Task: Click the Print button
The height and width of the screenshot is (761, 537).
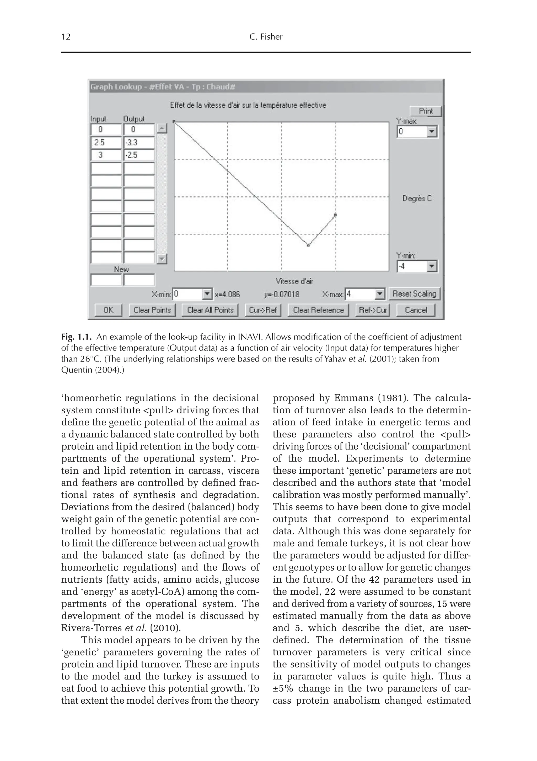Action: (x=426, y=111)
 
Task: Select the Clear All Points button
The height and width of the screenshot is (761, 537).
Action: (x=210, y=310)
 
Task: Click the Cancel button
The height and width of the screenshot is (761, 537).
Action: (x=416, y=310)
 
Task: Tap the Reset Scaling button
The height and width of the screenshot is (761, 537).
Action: (x=414, y=294)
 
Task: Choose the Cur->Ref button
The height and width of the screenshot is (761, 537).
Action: (x=263, y=310)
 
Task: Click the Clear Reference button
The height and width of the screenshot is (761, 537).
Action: (x=318, y=310)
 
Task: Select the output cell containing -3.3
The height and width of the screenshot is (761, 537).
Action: (x=139, y=143)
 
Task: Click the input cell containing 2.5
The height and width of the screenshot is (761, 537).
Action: (x=106, y=143)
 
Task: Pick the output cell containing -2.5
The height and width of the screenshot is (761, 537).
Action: (x=139, y=155)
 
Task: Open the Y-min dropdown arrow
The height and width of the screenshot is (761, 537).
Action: (x=432, y=266)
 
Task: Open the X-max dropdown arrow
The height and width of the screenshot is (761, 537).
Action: (x=380, y=294)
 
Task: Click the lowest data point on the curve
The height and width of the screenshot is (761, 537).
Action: (x=308, y=245)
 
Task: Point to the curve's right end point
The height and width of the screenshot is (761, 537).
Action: (x=335, y=215)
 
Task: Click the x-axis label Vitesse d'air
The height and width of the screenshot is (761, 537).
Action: (x=294, y=281)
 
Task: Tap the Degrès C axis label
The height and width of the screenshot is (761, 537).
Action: (x=417, y=199)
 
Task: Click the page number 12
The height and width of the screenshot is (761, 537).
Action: (x=66, y=37)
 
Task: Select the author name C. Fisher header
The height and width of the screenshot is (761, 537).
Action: (x=266, y=37)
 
